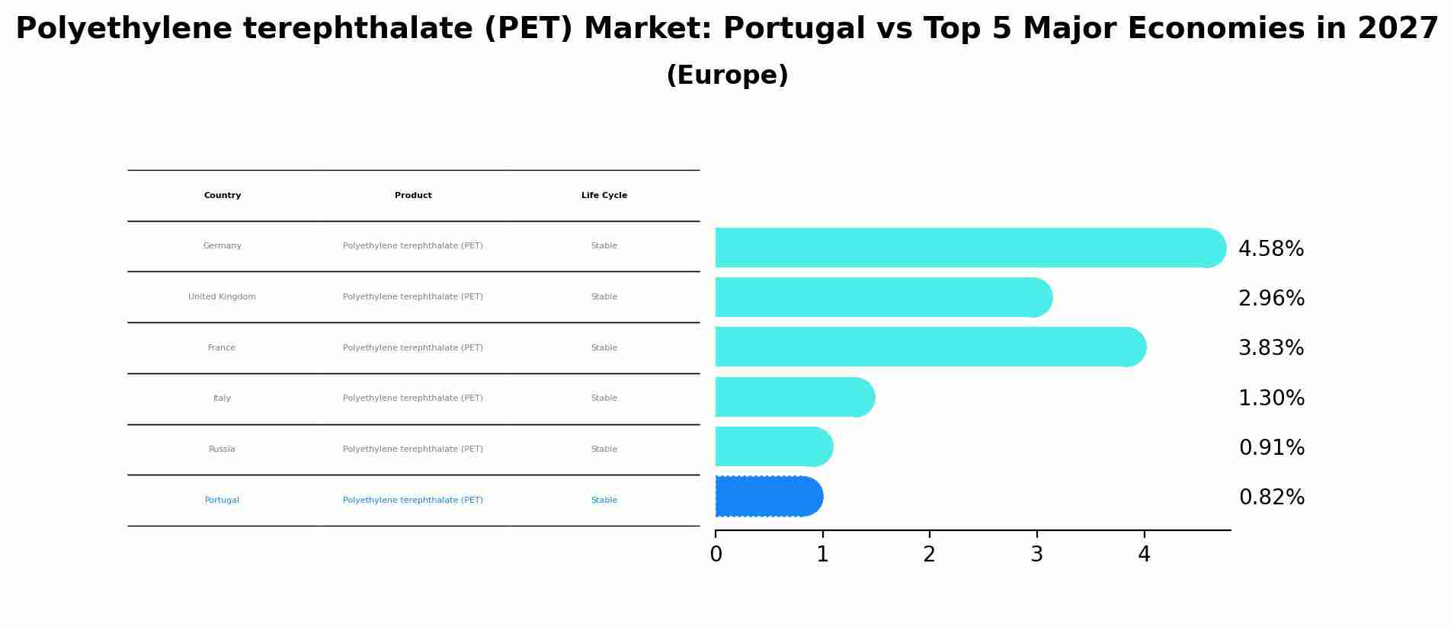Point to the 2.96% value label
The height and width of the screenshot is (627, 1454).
(1271, 299)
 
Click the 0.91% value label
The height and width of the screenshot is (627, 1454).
(1271, 448)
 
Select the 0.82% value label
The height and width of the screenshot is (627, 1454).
(1271, 497)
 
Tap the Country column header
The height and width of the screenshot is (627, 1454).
(223, 196)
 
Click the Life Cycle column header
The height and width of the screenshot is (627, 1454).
(604, 196)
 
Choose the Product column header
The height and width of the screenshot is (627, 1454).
(413, 196)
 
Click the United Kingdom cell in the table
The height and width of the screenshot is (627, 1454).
(222, 297)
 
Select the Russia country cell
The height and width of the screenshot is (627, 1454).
(222, 449)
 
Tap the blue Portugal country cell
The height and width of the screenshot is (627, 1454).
(222, 501)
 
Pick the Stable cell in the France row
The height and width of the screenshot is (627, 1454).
(604, 348)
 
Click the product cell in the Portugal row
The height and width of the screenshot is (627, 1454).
(413, 501)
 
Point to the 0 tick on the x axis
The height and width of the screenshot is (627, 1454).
(716, 555)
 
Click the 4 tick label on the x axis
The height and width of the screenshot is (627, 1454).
(1144, 555)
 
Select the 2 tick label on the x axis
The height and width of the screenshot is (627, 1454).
(929, 555)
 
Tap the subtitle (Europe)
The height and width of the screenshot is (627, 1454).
(727, 75)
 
